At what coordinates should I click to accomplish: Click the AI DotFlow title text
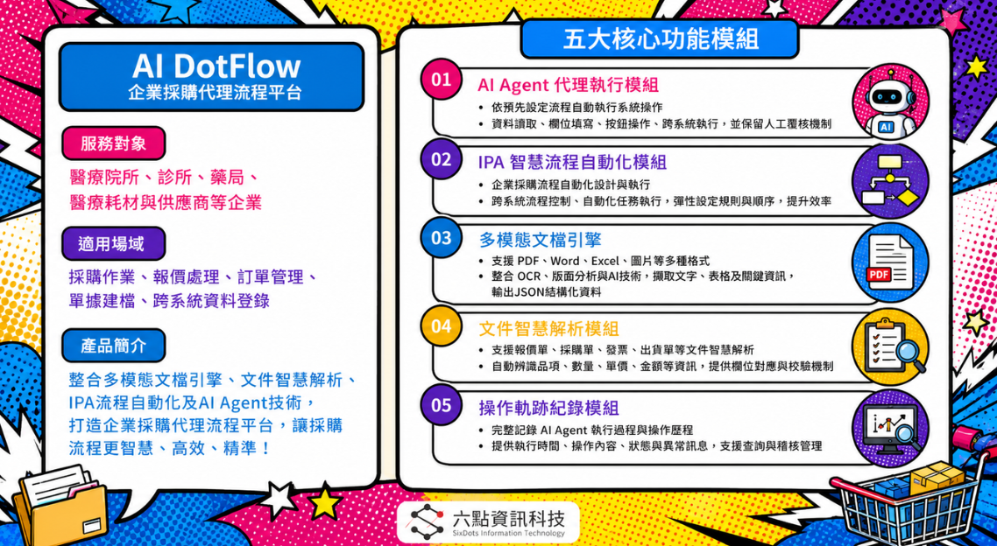point(216,66)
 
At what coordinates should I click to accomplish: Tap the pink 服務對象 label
point(113,143)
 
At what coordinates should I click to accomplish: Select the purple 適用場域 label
point(113,243)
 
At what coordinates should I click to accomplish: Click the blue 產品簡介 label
point(113,346)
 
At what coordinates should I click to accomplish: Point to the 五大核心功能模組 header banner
point(660,39)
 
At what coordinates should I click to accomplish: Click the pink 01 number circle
point(441,80)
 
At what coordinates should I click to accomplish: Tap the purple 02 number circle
point(441,158)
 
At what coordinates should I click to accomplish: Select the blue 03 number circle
point(441,238)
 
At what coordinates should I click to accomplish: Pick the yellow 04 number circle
point(441,326)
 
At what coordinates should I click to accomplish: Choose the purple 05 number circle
point(441,405)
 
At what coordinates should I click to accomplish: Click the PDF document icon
point(890,262)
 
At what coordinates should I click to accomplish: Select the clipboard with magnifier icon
point(890,346)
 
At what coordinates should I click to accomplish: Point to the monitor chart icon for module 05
point(890,427)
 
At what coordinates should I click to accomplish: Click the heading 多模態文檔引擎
point(540,240)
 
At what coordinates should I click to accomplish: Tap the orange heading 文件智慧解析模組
point(548,328)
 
